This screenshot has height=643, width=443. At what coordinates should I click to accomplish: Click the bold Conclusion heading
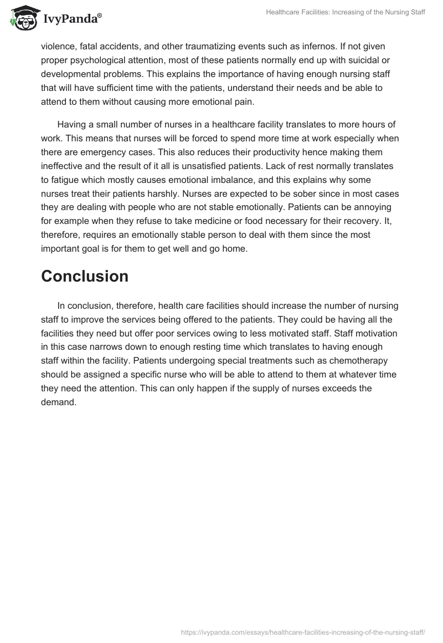coord(85,276)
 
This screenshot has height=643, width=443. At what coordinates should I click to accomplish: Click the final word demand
coord(58,402)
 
